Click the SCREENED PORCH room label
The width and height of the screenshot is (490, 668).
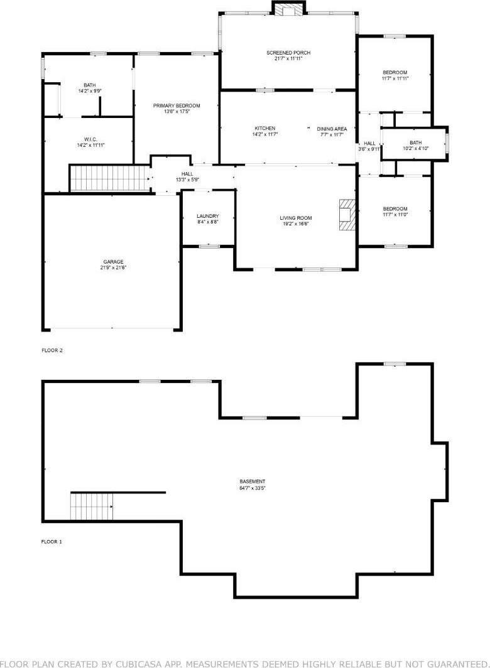pyautogui.click(x=288, y=53)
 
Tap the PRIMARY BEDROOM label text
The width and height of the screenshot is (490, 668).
pyautogui.click(x=177, y=105)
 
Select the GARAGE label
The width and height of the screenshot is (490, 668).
pyautogui.click(x=113, y=262)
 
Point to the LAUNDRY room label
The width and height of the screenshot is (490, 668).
pyautogui.click(x=207, y=216)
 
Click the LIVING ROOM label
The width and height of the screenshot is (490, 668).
pyautogui.click(x=295, y=218)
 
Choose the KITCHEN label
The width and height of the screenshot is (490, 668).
pyautogui.click(x=264, y=129)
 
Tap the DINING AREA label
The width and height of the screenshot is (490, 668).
pyautogui.click(x=332, y=129)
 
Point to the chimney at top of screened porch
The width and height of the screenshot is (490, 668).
pyautogui.click(x=288, y=8)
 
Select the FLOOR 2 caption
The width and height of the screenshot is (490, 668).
pyautogui.click(x=52, y=350)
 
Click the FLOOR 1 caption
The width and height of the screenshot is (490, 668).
pyautogui.click(x=52, y=541)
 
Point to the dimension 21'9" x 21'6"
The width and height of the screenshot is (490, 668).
pyautogui.click(x=113, y=268)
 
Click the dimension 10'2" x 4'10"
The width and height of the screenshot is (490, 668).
pyautogui.click(x=415, y=149)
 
